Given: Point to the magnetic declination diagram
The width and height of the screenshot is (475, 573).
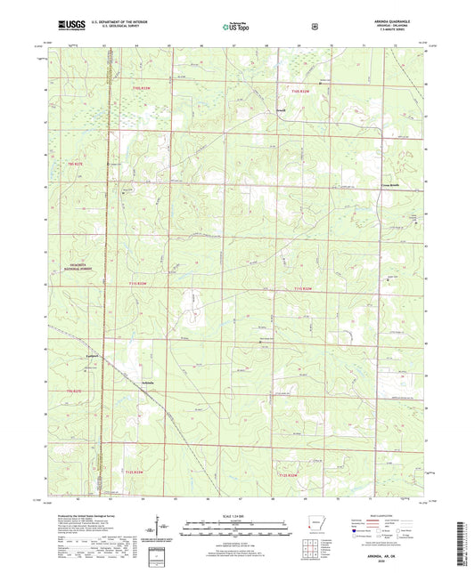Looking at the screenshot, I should [x=157, y=525].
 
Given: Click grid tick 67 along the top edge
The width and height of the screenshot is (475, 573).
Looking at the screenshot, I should [x=233, y=44].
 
